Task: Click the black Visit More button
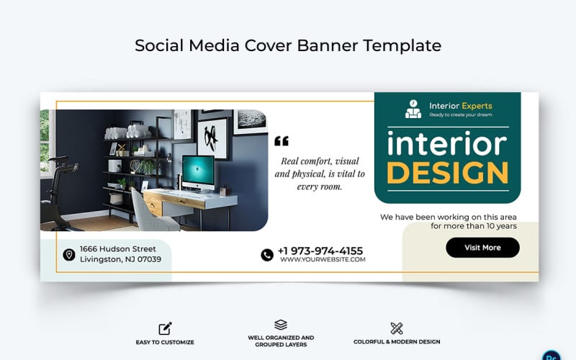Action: pos(482,248)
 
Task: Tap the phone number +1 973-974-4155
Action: pos(320,250)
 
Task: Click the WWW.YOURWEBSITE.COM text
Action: pos(323,260)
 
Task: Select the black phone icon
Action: pos(267,254)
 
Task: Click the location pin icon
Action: pos(69,254)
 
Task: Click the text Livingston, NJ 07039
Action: pos(120,259)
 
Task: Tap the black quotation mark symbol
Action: pos(282,141)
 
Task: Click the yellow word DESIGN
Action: pos(447,174)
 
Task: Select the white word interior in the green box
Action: pos(447,145)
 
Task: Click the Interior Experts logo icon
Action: pos(413,109)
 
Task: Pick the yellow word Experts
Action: pos(477,106)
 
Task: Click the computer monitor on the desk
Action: pos(198,172)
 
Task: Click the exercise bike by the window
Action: pos(58,190)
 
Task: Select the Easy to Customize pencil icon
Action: pos(165,328)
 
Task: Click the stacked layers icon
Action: pos(281,325)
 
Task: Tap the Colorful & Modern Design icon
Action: pos(397,328)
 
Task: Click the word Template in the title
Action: pos(402,45)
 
